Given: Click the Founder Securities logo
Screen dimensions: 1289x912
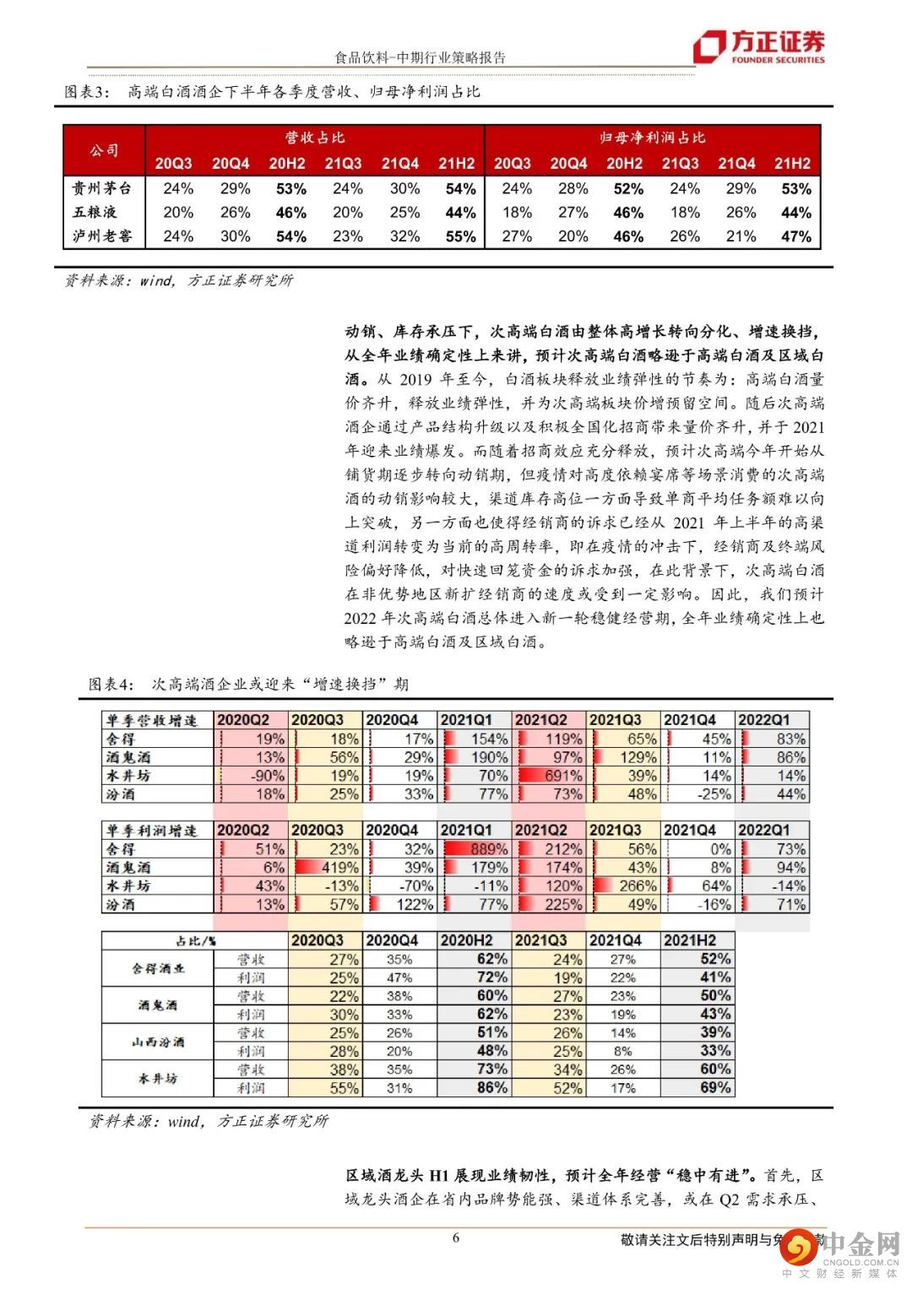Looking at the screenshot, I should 758,47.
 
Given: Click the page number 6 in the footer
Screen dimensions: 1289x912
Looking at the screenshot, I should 456,1238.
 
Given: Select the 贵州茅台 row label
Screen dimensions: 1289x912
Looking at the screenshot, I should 102,188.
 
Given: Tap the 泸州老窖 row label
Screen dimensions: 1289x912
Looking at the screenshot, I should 102,236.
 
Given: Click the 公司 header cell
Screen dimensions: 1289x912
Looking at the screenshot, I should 104,150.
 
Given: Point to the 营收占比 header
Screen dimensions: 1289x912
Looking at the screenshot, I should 314,138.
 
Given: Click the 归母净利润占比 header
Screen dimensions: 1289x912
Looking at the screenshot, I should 652,138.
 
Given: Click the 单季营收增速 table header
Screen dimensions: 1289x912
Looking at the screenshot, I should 152,720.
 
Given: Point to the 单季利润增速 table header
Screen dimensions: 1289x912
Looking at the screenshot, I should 152,831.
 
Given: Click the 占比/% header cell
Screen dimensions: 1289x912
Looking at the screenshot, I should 195,940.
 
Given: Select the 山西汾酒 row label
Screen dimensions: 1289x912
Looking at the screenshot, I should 158,1043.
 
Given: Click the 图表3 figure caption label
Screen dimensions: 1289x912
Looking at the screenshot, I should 87,92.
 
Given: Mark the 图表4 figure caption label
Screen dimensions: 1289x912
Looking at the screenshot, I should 111,684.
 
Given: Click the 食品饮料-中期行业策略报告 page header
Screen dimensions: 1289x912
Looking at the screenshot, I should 420,57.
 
